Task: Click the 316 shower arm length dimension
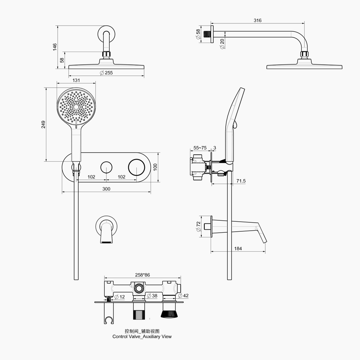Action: coord(257,20)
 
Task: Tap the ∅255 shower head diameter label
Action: coord(106,73)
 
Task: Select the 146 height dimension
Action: coord(55,47)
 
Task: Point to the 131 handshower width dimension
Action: coord(76,80)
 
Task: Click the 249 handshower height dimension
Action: coord(43,124)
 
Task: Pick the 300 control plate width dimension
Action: coord(106,189)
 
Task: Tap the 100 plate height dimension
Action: coord(155,167)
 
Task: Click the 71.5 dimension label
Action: coord(241,181)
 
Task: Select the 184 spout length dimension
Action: coord(238,249)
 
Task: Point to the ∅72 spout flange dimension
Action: coord(199,227)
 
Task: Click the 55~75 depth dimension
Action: coord(200,148)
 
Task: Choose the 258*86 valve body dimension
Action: coord(142,275)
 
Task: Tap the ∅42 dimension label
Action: coord(183,296)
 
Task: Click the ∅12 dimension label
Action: coord(120,297)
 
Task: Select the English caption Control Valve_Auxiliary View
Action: coord(142,337)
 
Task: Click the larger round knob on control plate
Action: coord(136,167)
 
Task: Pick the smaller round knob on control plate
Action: coord(106,167)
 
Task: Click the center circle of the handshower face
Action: coord(76,107)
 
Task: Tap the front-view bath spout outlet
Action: coord(107,242)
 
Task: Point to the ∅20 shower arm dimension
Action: coord(222,44)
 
